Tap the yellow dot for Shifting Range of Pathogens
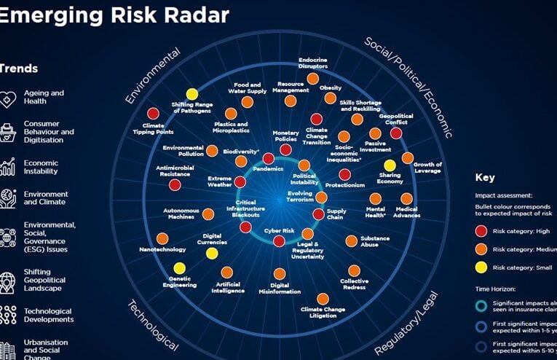click(192, 94)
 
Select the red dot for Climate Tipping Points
click(153, 114)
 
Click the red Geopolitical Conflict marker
click(396, 133)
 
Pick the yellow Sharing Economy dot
click(390, 165)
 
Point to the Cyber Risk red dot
click(279, 240)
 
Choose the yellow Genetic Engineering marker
click(179, 268)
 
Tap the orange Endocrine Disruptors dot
click(312, 79)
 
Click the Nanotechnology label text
click(162, 250)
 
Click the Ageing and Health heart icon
click(8, 98)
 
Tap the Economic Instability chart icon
click(8, 167)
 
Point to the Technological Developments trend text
click(48, 315)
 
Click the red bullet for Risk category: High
click(480, 230)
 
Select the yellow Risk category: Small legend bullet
click(480, 267)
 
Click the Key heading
click(485, 177)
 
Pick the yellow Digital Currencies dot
click(211, 254)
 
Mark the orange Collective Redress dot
click(354, 271)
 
